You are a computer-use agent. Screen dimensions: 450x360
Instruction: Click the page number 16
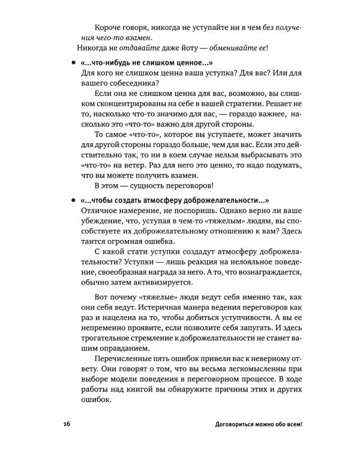click(65, 424)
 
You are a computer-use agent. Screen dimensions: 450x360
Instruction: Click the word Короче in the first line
click(109, 25)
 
